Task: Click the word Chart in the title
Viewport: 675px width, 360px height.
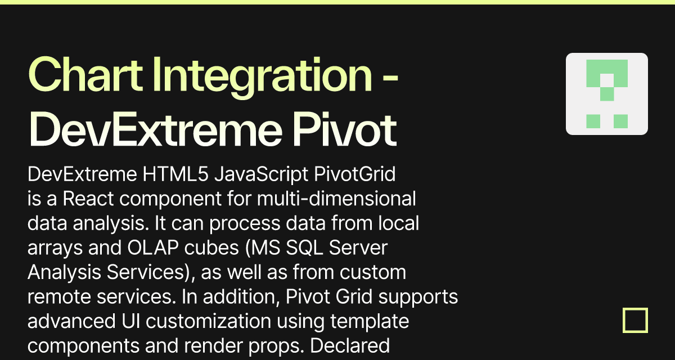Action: pos(85,74)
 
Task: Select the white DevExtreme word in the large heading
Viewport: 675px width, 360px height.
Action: pos(155,129)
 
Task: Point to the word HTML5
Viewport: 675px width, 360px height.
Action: pos(175,174)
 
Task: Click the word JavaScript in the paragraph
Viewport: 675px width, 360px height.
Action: pos(261,175)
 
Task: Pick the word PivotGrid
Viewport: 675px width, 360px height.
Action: pos(355,174)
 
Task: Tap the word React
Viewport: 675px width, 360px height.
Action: pos(88,198)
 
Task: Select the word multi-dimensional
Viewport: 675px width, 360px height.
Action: pos(336,198)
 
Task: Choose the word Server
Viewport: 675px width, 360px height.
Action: pos(358,247)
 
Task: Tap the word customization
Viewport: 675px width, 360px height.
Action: pos(209,321)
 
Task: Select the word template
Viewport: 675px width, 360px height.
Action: pos(370,322)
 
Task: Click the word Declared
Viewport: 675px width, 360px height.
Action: pos(350,345)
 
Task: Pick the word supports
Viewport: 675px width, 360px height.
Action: pos(418,298)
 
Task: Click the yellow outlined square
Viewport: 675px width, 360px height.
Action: pos(635,309)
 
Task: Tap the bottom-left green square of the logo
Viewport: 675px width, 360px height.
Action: pos(593,121)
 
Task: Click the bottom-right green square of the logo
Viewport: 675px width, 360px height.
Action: pos(621,121)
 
